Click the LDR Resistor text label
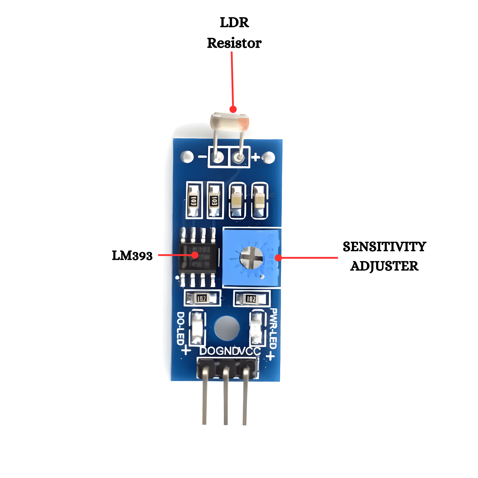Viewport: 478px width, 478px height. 234,33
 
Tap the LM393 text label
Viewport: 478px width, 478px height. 132,256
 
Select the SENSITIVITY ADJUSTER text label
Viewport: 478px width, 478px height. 384,256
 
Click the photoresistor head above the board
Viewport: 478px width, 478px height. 229,121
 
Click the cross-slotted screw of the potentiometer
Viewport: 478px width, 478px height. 251,258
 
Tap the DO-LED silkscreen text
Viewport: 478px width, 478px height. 181,328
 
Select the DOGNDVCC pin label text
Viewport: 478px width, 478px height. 230,351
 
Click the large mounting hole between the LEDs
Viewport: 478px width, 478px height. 227,328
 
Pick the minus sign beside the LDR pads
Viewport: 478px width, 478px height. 202,157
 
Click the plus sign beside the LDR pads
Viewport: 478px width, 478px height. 256,157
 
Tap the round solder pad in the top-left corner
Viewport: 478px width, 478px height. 187,157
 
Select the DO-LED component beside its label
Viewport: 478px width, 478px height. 197,328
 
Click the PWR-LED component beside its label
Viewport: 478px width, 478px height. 258,328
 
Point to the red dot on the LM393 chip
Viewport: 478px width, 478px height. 195,255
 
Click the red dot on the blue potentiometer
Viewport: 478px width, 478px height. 278,258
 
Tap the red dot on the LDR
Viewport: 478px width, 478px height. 233,109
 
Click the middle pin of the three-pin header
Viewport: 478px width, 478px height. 226,395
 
